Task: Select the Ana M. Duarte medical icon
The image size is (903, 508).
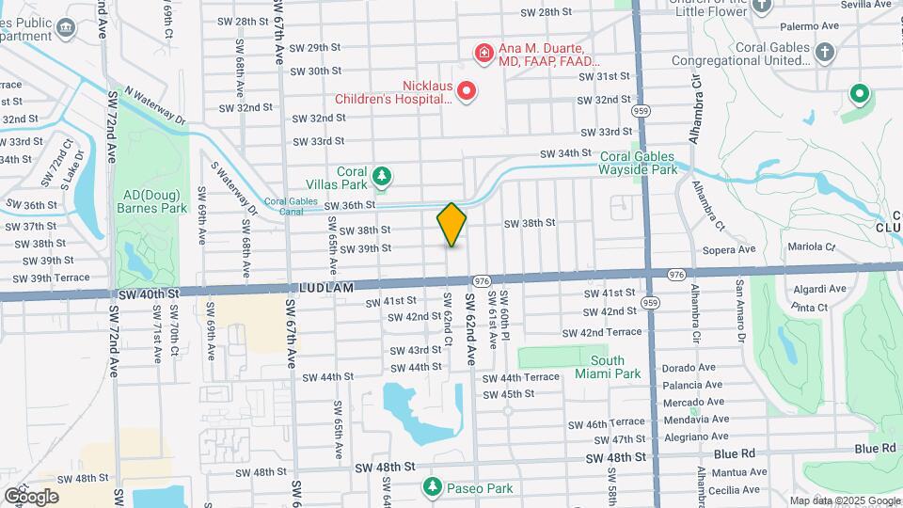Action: pyautogui.click(x=484, y=53)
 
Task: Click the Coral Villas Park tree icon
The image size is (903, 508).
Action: pyautogui.click(x=382, y=175)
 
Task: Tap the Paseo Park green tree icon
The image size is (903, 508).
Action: pyautogui.click(x=432, y=487)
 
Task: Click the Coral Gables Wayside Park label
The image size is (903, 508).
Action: pyautogui.click(x=638, y=164)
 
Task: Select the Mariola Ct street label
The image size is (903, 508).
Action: pyautogui.click(x=811, y=247)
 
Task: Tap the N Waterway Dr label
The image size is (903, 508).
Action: pyautogui.click(x=155, y=106)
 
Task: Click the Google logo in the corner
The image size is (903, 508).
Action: pyautogui.click(x=31, y=496)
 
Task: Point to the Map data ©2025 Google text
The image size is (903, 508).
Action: pyautogui.click(x=845, y=500)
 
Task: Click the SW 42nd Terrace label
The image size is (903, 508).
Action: pyautogui.click(x=601, y=333)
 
